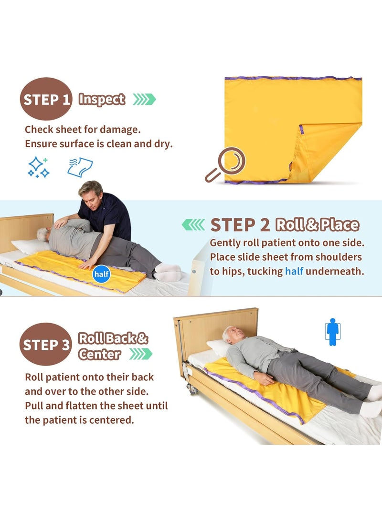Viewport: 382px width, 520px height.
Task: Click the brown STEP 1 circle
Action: (x=46, y=99)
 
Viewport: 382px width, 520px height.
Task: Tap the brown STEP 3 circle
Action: (x=46, y=344)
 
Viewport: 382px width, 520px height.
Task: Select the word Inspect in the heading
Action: (x=102, y=99)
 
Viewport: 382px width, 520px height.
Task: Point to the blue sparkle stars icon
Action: (x=38, y=167)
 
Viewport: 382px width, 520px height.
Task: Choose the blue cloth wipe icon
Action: (x=80, y=167)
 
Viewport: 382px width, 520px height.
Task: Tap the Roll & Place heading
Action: (x=318, y=224)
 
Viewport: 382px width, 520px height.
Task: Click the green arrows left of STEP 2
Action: (x=193, y=224)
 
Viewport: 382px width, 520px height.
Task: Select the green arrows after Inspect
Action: (x=144, y=99)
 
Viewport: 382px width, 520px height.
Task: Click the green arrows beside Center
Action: (x=141, y=354)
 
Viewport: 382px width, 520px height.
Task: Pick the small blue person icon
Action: (x=332, y=332)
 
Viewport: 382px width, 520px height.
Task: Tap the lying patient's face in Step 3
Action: (x=231, y=334)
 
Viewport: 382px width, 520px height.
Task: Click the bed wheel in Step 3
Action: (x=192, y=389)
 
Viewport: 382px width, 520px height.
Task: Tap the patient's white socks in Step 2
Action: (x=168, y=272)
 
